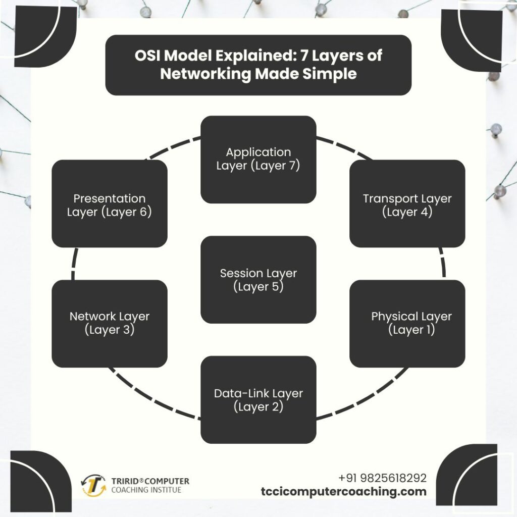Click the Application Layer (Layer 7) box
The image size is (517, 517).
[x=258, y=160]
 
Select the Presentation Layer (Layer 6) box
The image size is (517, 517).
[x=110, y=204]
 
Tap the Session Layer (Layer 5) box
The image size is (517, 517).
[x=258, y=280]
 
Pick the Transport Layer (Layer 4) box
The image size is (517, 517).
[x=407, y=204]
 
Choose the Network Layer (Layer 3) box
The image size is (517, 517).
[x=110, y=323]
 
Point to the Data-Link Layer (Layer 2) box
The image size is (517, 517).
[x=258, y=399]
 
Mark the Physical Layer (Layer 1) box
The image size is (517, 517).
[x=407, y=323]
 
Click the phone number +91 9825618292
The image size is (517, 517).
[x=382, y=478]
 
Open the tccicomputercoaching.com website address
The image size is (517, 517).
[x=343, y=491]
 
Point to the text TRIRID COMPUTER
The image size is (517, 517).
[x=143, y=481]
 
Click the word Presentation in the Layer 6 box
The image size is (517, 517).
[x=110, y=198]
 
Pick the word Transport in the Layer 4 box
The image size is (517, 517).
[x=389, y=198]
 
